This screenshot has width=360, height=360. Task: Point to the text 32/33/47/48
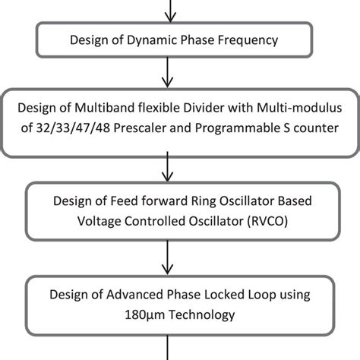tap(73, 128)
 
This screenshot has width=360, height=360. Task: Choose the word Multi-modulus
tap(299, 108)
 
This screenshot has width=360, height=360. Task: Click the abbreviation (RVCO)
tap(267, 221)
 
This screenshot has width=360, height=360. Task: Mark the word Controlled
tap(155, 221)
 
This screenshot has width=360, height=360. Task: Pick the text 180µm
tap(145, 315)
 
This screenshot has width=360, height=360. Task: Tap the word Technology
tap(202, 315)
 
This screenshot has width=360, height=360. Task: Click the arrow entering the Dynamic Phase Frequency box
tap(170, 11)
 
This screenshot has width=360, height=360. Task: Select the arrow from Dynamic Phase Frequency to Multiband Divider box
tap(167, 72)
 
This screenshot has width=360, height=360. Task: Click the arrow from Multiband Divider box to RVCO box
tap(167, 166)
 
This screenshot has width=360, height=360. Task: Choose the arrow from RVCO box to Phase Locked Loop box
tap(167, 257)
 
